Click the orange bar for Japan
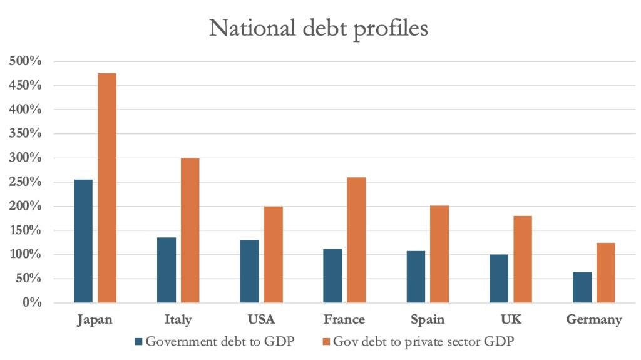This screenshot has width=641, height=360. coord(107,188)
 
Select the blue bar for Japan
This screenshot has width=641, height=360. coord(83,241)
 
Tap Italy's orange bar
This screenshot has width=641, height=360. coord(190,230)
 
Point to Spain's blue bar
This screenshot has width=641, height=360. coord(416,277)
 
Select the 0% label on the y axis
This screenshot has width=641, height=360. coord(32,303)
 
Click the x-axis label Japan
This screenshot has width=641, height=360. coord(95,320)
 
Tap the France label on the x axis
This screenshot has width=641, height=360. coord(344,320)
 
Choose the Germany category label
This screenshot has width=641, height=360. coord(594,320)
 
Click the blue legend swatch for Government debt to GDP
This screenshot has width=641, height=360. coord(139,342)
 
